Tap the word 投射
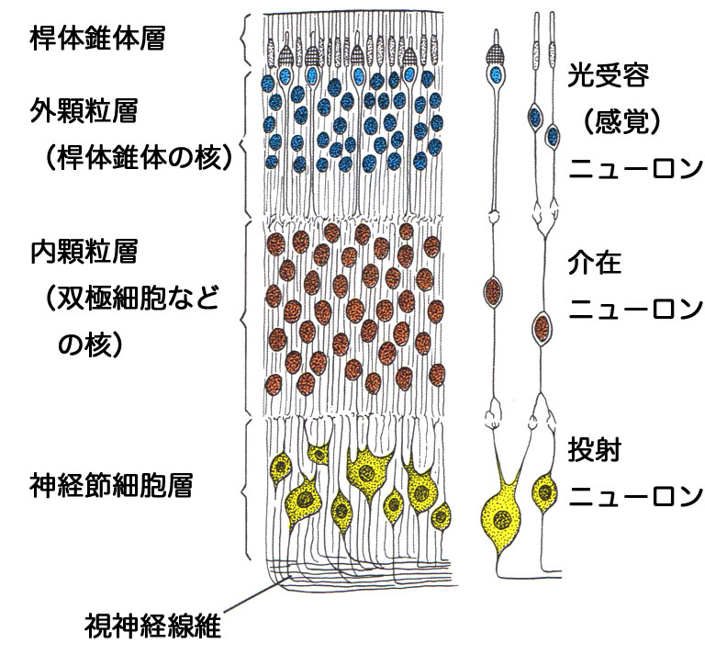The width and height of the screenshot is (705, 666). point(596,452)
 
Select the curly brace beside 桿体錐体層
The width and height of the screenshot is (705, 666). point(243,40)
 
